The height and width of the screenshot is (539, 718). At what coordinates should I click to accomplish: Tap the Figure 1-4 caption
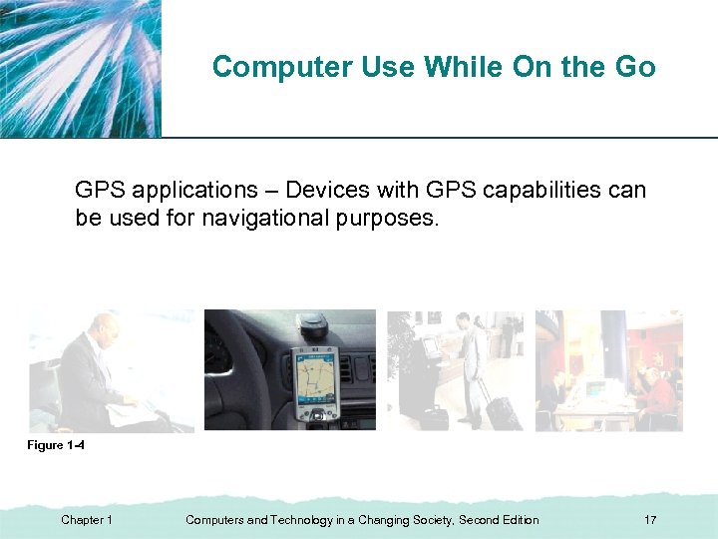coord(55,445)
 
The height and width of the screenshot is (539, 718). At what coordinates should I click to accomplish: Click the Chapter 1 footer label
coord(87,520)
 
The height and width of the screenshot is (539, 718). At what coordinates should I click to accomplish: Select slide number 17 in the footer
coord(650,520)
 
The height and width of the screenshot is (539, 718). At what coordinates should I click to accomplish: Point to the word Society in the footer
coord(429,520)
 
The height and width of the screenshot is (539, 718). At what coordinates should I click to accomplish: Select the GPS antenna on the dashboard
coord(317,324)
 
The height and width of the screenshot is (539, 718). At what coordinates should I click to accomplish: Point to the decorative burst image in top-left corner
coord(80,68)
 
